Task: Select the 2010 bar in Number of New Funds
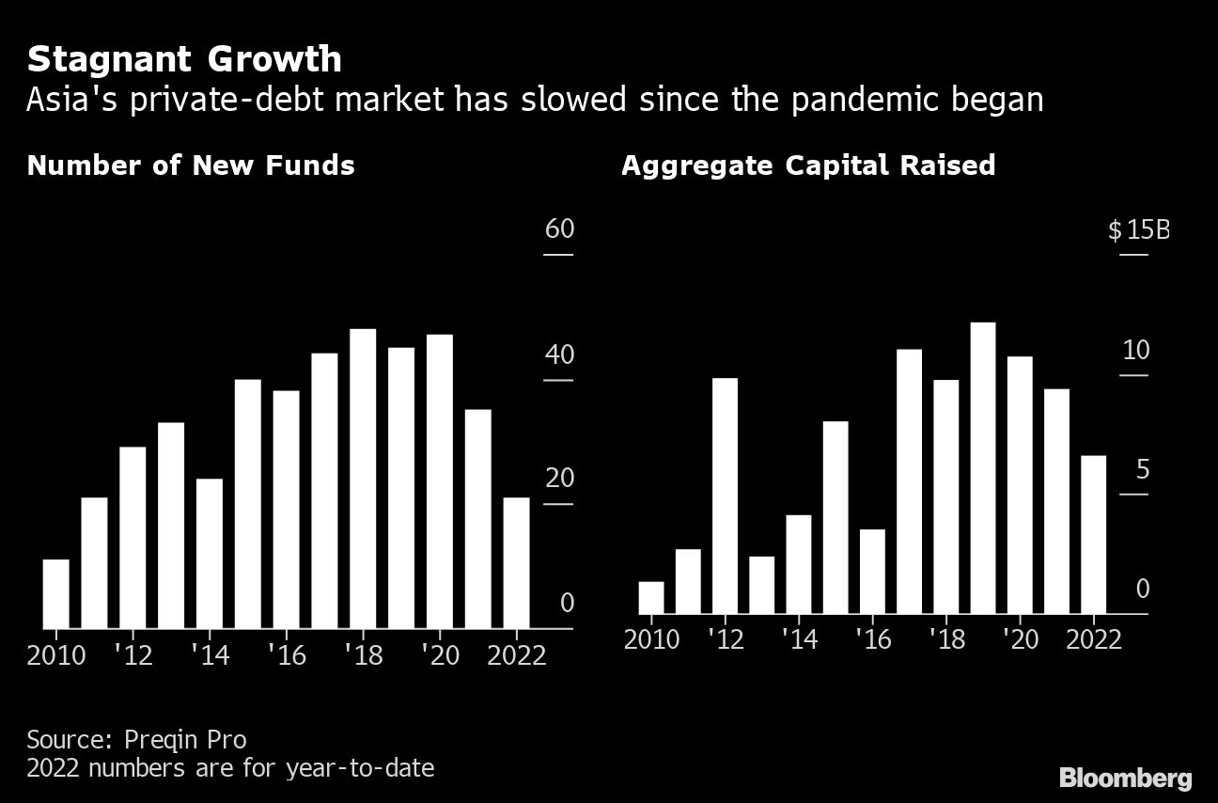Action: click(x=56, y=593)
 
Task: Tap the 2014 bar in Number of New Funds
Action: click(x=210, y=553)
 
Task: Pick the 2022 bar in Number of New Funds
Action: click(x=516, y=562)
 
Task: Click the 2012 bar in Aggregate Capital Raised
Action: click(x=725, y=496)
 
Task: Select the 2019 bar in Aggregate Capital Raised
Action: click(x=983, y=467)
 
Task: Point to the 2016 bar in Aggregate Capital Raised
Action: click(x=872, y=572)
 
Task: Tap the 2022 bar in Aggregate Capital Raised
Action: click(x=1093, y=534)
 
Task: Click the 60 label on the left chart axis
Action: click(x=559, y=229)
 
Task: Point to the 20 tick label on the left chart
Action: click(x=559, y=479)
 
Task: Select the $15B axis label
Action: click(x=1137, y=229)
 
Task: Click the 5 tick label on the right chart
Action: click(x=1142, y=470)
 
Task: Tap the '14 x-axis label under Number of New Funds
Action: click(x=210, y=655)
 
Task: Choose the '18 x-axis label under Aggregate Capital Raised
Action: click(x=946, y=639)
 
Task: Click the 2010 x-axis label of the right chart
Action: click(x=651, y=639)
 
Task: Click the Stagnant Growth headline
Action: click(x=184, y=59)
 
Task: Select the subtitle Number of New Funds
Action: click(x=191, y=165)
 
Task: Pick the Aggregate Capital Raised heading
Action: click(x=807, y=165)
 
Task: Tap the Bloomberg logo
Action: click(x=1125, y=778)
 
